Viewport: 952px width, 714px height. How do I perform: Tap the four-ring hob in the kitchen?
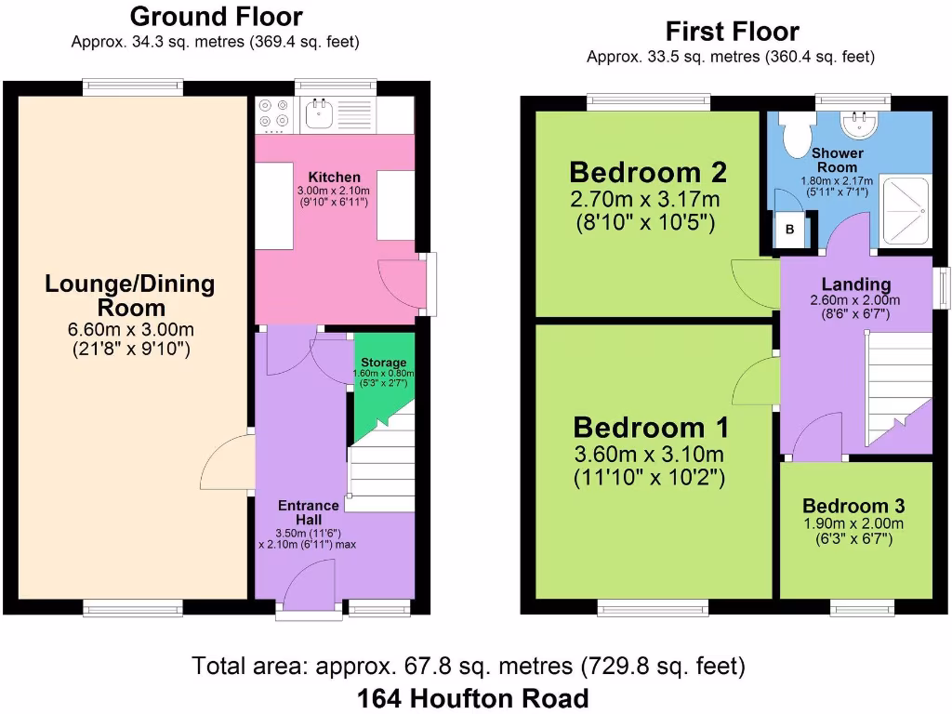tap(273, 113)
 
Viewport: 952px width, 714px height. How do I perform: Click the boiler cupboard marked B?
tap(789, 229)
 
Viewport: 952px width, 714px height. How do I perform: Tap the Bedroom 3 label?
tap(853, 507)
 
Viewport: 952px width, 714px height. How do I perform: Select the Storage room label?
tap(383, 363)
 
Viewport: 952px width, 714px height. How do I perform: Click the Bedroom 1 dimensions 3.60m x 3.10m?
tap(649, 455)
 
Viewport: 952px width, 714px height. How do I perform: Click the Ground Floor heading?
tap(216, 16)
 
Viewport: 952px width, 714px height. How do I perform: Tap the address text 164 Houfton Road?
tap(472, 698)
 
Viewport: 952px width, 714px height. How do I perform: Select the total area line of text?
tap(469, 666)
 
